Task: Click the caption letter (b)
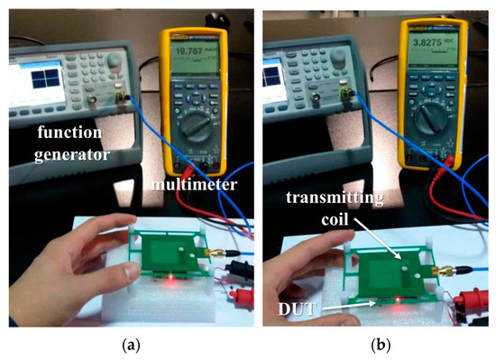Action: [372, 344]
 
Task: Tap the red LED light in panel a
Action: [168, 282]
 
